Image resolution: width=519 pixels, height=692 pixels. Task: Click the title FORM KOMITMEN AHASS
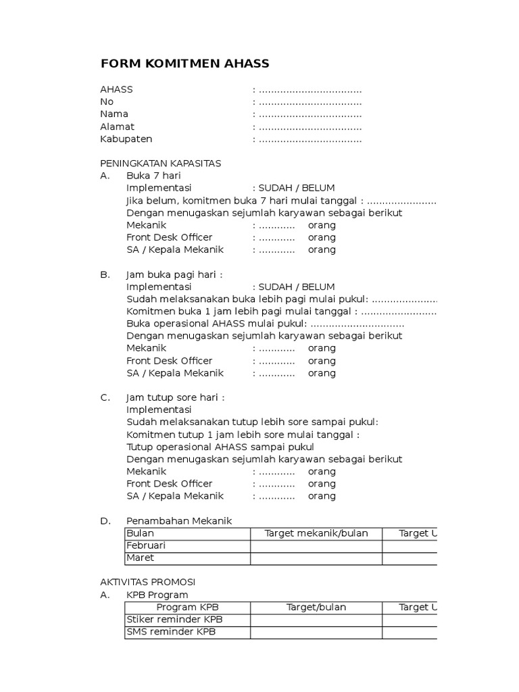184,64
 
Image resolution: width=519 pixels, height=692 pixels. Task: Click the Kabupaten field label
126,139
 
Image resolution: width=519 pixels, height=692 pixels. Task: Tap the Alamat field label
117,126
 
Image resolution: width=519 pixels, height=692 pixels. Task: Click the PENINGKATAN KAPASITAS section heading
160,164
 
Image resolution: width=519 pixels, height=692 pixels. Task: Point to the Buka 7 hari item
153,176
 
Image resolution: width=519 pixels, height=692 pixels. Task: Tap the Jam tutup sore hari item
175,397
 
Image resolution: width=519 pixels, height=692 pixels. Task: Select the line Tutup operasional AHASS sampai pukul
220,447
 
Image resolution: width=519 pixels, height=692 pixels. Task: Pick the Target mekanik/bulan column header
316,533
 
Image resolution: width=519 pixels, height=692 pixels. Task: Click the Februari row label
146,545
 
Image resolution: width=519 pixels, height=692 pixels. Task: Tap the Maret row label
140,558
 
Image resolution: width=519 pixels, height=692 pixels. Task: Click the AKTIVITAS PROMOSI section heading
147,582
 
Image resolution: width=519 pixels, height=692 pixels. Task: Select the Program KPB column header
188,607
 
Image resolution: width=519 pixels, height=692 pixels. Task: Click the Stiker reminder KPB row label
174,620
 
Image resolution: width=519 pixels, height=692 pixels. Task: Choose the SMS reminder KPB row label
174,632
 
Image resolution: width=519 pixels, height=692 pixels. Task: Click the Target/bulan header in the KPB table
316,607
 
